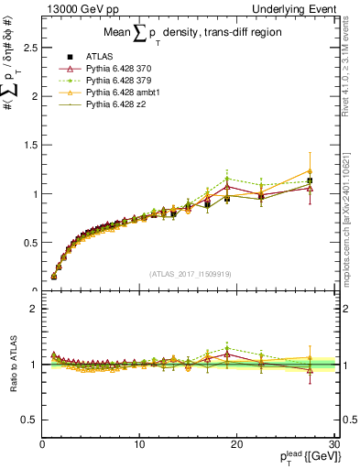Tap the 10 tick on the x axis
[x=139, y=444]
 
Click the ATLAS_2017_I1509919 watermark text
[x=189, y=273]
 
